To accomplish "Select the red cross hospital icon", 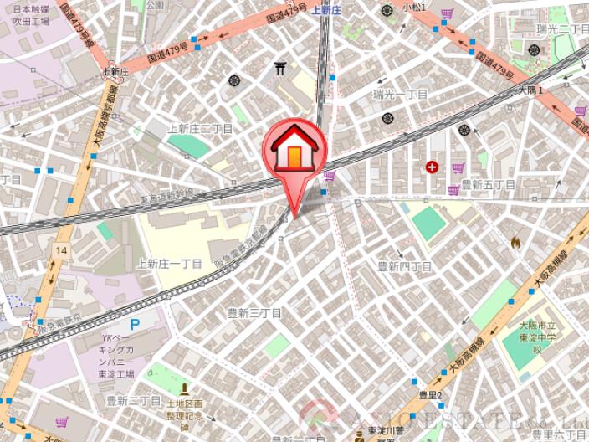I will coord(432,167).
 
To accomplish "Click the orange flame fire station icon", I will coord(515,242).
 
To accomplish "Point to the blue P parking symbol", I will coord(135,325).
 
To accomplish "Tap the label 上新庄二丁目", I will coord(200,129).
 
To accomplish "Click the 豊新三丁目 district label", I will coord(255,312).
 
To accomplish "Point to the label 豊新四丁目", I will coord(404,266).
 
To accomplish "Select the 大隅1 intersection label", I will coord(531,89).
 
